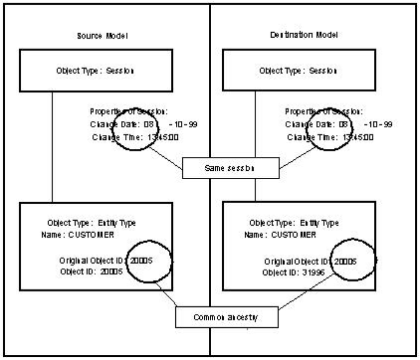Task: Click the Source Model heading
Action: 103,36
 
